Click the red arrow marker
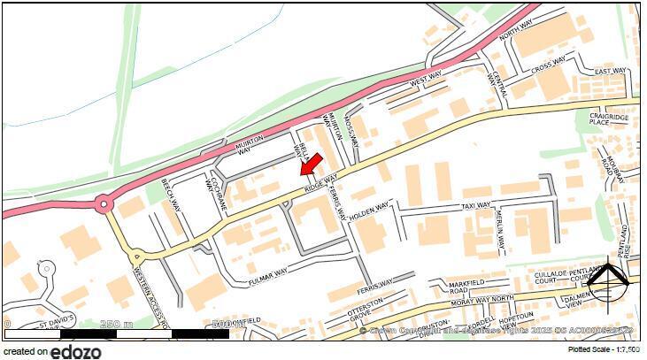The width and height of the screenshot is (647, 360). [x=309, y=163]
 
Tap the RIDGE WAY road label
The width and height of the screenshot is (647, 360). [x=321, y=183]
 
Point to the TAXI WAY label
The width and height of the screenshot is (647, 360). [x=476, y=205]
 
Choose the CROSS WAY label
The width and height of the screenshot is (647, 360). [x=548, y=65]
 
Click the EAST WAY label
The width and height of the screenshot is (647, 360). [x=611, y=72]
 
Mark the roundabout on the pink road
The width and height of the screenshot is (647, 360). [x=104, y=205]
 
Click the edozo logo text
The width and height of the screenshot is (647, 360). [x=76, y=351]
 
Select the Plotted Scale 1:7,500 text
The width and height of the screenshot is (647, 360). [x=604, y=350]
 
